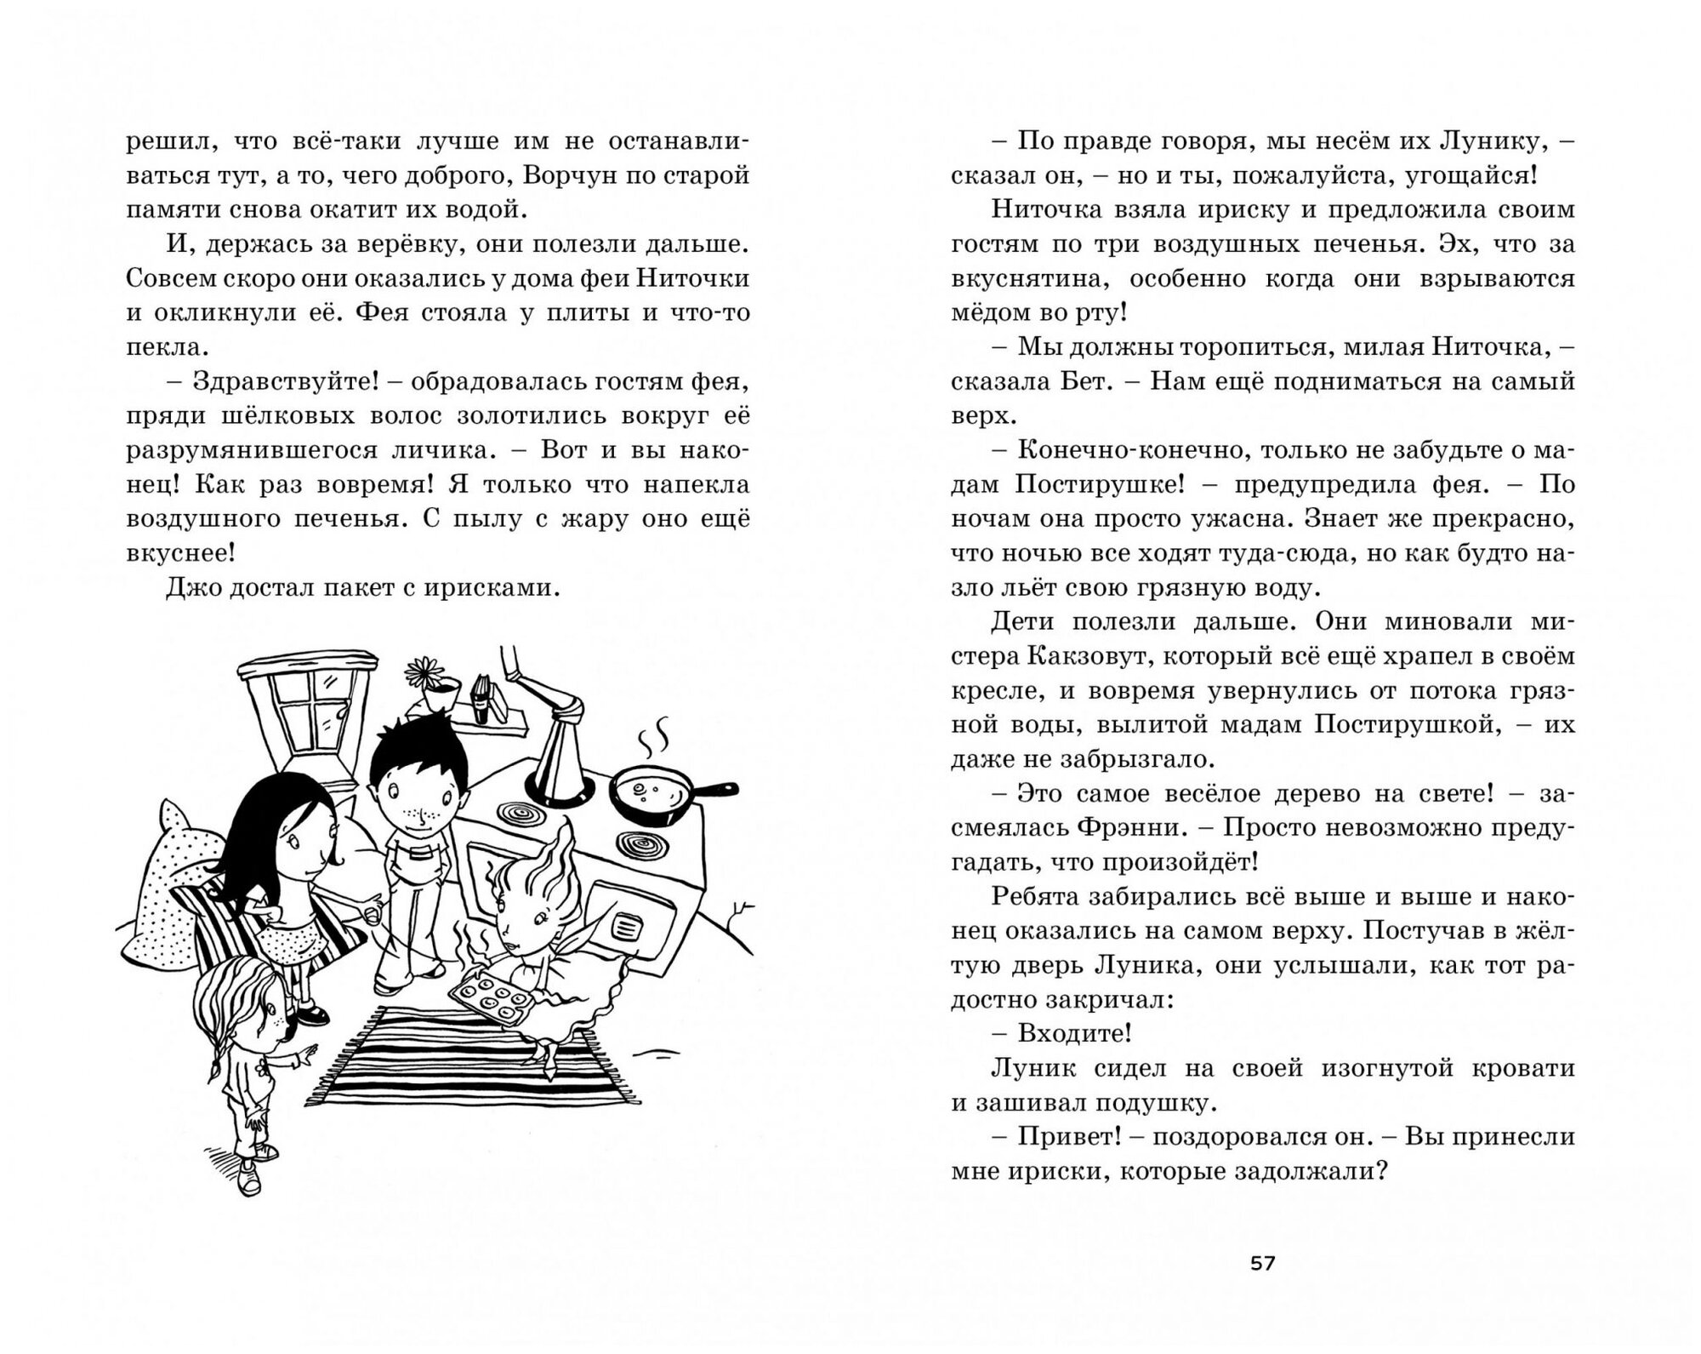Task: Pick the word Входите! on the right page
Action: click(x=1074, y=1033)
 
